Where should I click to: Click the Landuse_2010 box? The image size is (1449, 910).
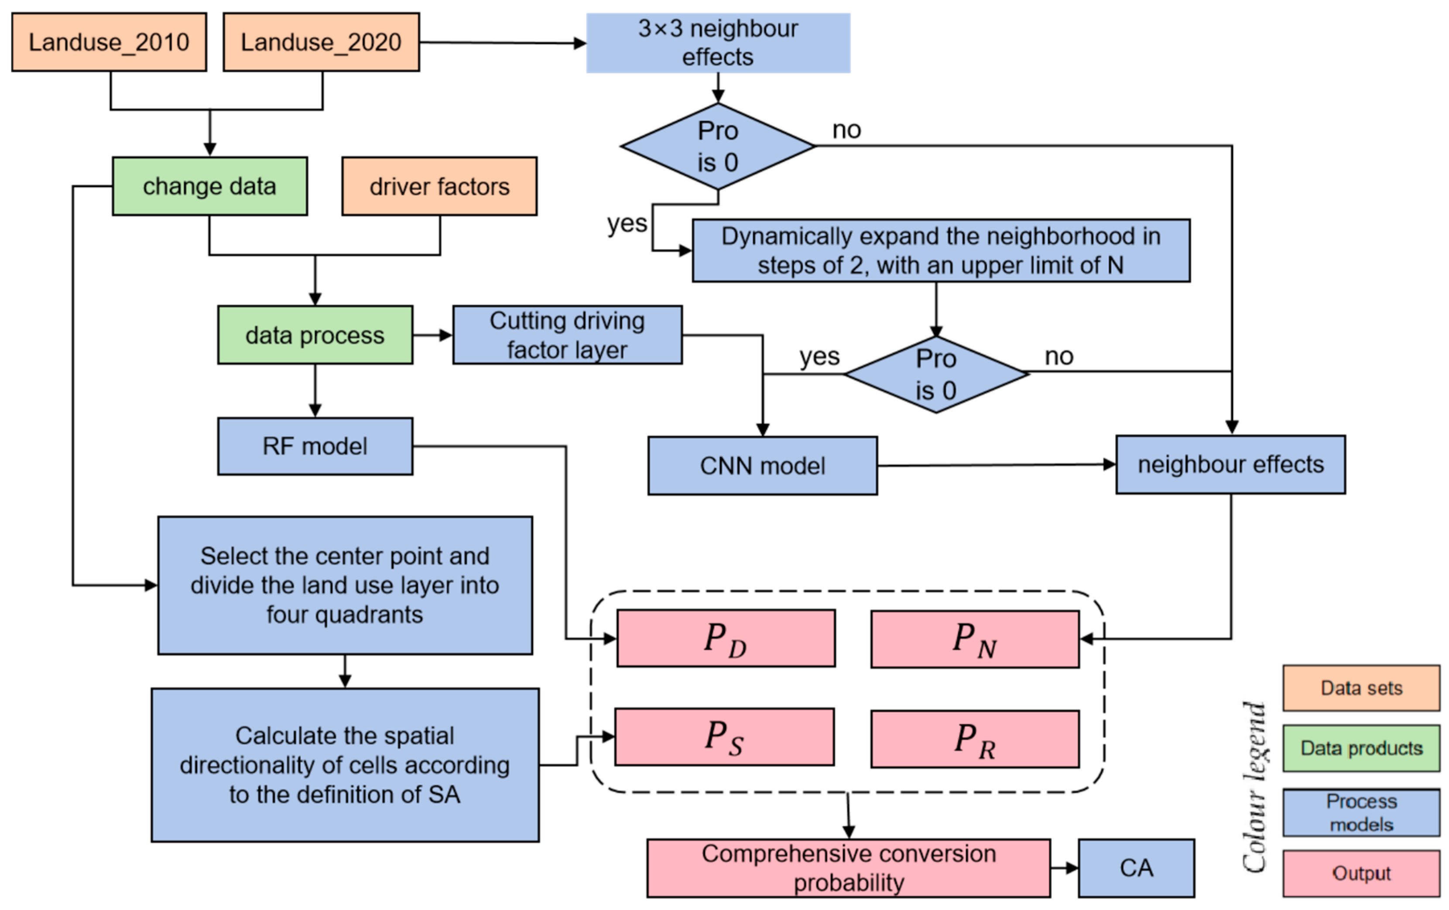[109, 42]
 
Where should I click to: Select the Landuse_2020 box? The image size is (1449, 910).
[321, 42]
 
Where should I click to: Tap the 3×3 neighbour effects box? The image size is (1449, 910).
[718, 43]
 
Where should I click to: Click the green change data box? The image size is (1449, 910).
[209, 186]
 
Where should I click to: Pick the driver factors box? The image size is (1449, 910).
[439, 186]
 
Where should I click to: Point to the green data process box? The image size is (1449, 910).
[315, 335]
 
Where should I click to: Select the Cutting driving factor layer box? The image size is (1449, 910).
[567, 335]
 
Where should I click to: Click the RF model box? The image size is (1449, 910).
[315, 446]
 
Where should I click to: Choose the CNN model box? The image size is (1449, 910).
[762, 465]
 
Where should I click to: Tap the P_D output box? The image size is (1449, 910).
[726, 638]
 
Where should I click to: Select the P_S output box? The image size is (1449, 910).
[724, 737]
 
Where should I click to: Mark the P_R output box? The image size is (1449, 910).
[975, 739]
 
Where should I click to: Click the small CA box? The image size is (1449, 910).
[1136, 868]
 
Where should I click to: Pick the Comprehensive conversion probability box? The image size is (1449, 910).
[849, 868]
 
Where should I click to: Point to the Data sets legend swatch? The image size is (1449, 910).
[1361, 688]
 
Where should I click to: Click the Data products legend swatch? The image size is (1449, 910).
[1361, 748]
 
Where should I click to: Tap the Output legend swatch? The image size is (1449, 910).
[1361, 873]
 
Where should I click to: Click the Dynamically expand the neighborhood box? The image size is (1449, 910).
[941, 251]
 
